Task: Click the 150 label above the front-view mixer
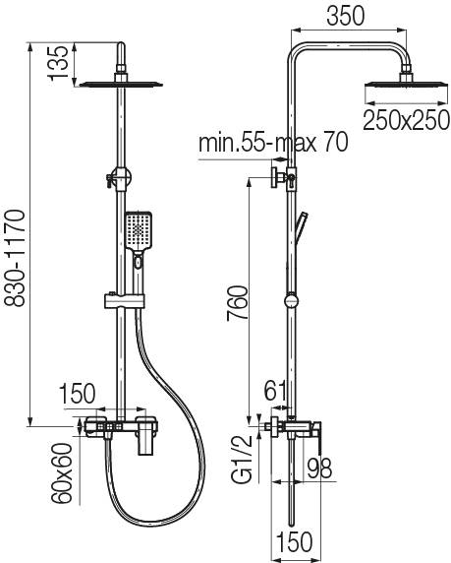point(80,395)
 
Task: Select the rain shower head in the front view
point(120,85)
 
